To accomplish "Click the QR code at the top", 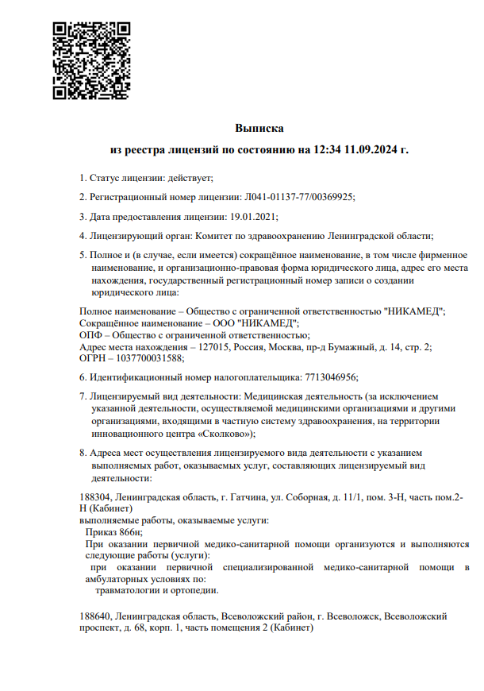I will (91, 61).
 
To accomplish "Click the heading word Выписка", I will (259, 128).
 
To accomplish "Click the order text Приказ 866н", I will (113, 532).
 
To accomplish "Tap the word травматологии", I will (129, 590).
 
